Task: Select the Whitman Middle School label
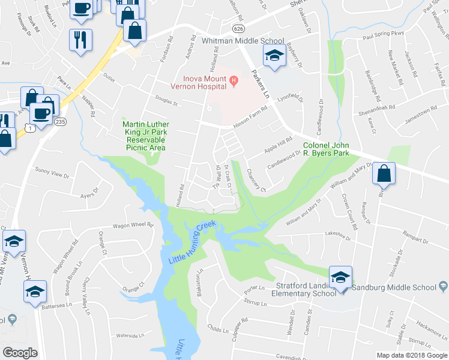point(243,41)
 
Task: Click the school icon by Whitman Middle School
point(274,56)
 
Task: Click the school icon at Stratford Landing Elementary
point(340,277)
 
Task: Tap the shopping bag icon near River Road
point(384,173)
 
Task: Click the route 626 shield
point(240,28)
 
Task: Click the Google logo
point(20,353)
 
